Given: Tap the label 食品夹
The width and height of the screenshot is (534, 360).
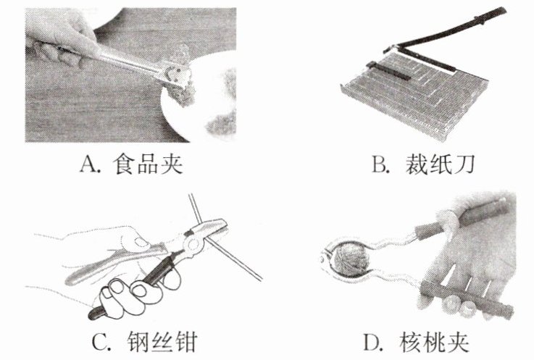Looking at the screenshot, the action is click(x=147, y=165).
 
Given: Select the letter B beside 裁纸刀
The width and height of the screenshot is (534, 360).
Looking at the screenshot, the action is click(x=379, y=166).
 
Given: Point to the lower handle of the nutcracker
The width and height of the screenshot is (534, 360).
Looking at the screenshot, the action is click(x=464, y=297).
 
